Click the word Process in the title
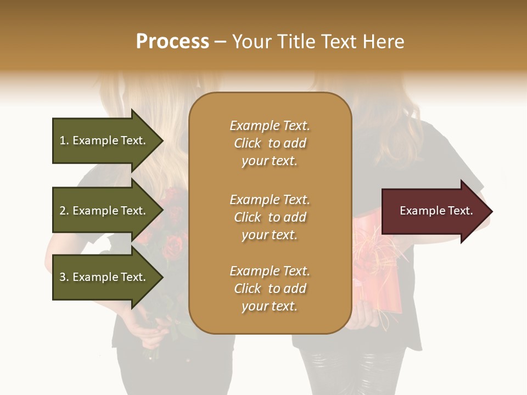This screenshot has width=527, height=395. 172,41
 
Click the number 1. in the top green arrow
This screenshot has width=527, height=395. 64,140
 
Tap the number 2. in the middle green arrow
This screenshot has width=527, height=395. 64,211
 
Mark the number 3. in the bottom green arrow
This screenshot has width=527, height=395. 64,277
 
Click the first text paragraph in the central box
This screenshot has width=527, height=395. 270,143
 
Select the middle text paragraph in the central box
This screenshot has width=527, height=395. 270,217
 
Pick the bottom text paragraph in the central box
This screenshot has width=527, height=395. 270,289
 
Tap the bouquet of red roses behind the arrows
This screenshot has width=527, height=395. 170,230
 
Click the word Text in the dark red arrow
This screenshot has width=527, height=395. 460,211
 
